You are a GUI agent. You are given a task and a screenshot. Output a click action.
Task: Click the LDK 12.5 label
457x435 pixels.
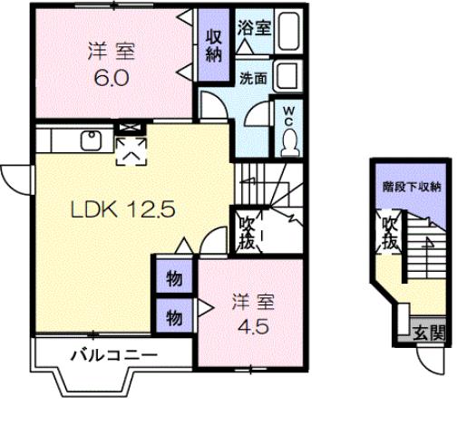pos(130,209)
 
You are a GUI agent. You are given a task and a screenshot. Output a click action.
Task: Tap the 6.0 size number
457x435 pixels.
pos(112,76)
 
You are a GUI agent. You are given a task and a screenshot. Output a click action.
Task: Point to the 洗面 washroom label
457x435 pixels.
pos(252,78)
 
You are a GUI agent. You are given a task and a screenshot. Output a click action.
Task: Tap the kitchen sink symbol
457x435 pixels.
pos(92,140)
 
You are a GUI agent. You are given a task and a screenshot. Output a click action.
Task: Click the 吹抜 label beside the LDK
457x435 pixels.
pos(247,234)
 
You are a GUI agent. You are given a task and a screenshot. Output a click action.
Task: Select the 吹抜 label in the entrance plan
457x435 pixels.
pos(390,233)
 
